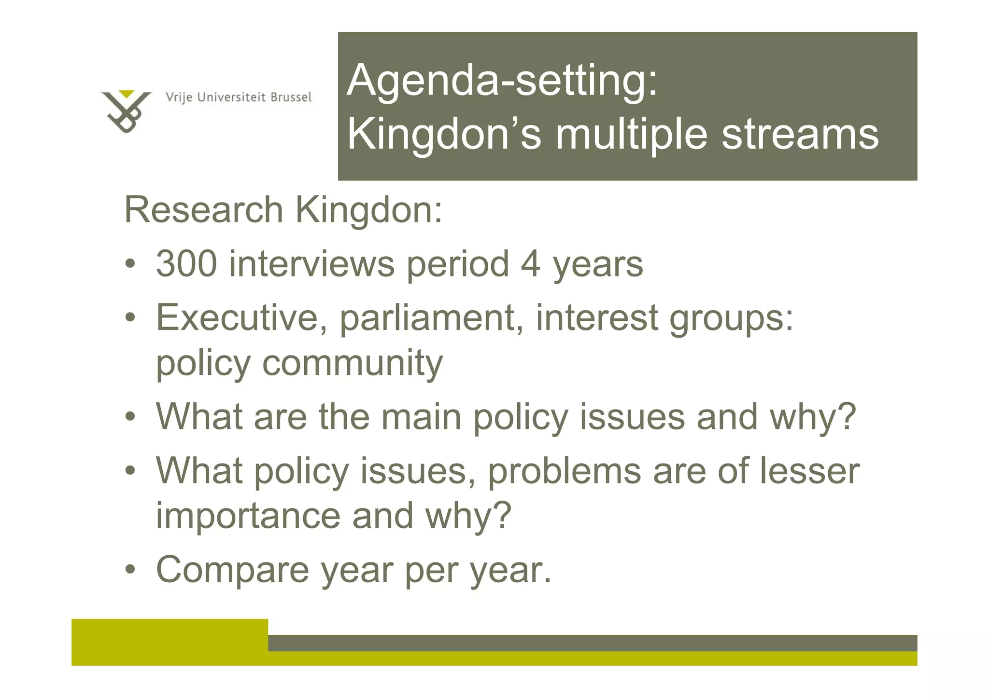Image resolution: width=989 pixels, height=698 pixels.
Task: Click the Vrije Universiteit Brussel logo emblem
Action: tap(126, 111)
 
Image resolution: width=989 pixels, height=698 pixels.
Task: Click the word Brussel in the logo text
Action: tap(291, 97)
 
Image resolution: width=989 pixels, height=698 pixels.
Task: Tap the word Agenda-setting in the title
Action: tap(502, 81)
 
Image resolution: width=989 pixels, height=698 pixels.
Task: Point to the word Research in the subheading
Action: tap(203, 210)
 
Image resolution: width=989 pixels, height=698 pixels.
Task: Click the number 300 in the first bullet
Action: tap(186, 264)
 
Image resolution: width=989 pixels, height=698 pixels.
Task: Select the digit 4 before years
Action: tap(530, 264)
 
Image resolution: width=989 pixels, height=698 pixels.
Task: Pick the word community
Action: tap(352, 363)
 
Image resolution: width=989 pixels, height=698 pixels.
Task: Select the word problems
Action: tap(564, 471)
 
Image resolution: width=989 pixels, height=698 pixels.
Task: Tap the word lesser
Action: tap(810, 471)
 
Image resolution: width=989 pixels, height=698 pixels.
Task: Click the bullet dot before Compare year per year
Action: tap(130, 570)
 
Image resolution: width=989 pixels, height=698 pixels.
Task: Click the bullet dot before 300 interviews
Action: tap(130, 264)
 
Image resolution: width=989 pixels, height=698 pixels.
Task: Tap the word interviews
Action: tap(311, 264)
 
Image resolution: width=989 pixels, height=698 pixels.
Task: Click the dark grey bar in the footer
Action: tap(592, 643)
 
